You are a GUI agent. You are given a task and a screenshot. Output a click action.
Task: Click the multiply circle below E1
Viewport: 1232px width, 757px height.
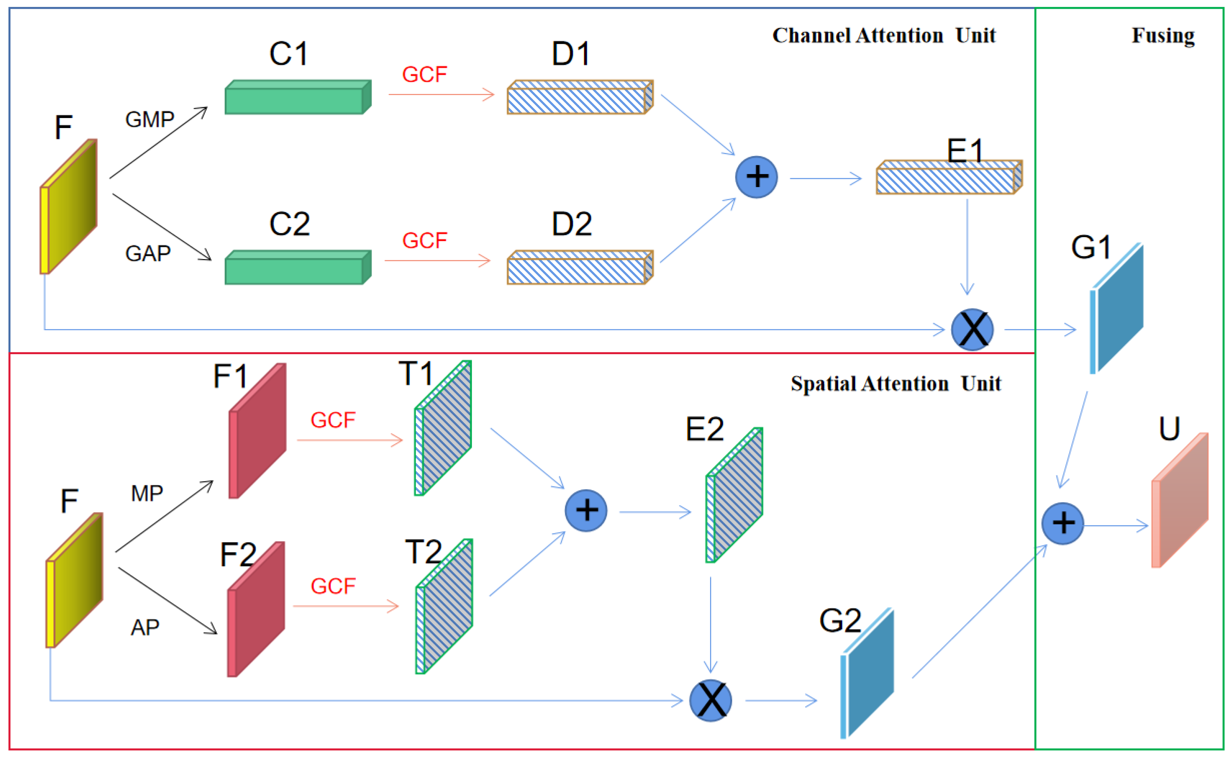click(x=972, y=329)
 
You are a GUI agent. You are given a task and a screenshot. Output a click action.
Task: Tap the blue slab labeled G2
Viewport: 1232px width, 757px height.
click(x=867, y=673)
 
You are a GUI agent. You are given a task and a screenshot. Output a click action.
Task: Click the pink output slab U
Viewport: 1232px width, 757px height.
click(x=1180, y=501)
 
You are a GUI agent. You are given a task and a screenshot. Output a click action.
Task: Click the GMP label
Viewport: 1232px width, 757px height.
click(x=149, y=120)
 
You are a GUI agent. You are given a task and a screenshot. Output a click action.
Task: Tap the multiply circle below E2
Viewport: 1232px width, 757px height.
click(x=710, y=700)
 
